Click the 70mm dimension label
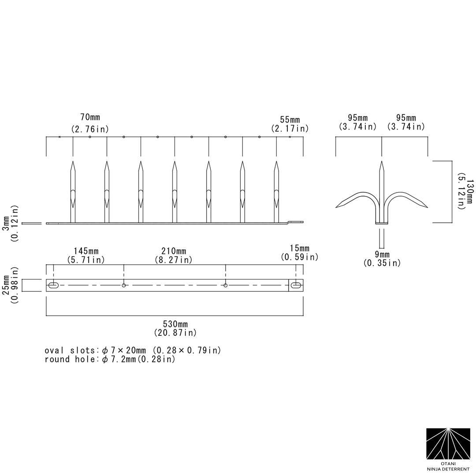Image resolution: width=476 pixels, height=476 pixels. pyautogui.click(x=90, y=117)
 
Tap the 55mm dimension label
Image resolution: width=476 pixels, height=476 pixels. pyautogui.click(x=290, y=120)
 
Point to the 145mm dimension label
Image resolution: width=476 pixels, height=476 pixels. pyautogui.click(x=86, y=251)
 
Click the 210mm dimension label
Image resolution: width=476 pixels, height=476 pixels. pyautogui.click(x=173, y=251)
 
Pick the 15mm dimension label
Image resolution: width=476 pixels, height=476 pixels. pyautogui.click(x=299, y=249)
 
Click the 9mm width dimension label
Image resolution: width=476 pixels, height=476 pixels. pyautogui.click(x=382, y=255)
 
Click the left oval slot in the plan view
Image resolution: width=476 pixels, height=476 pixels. pyautogui.click(x=54, y=286)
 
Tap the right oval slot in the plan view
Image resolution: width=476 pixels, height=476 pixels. pyautogui.click(x=296, y=286)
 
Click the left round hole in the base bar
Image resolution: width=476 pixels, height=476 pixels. pyautogui.click(x=124, y=286)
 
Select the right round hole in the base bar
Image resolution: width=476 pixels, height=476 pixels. pyautogui.click(x=226, y=286)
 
